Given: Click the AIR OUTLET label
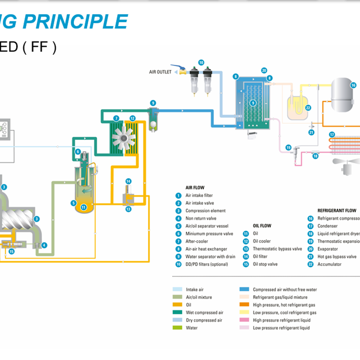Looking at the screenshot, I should [160, 72].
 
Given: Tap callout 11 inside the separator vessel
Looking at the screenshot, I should [83, 207].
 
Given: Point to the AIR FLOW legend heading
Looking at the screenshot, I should [195, 188].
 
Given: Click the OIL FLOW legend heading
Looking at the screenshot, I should [262, 226].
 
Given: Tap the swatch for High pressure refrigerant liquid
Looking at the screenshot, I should [245, 320].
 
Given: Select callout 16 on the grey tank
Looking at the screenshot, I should [353, 85].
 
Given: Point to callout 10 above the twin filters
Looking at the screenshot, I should [201, 63].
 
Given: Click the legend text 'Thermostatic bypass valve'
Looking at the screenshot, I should [277, 249].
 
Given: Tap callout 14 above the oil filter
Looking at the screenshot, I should [128, 181].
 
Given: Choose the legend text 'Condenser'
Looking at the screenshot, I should [328, 226].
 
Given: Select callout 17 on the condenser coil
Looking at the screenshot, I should [332, 134].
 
